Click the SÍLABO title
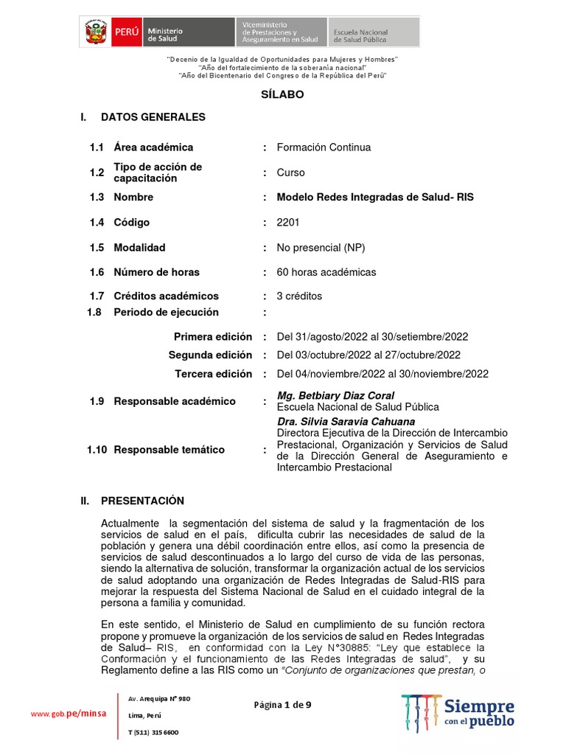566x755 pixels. click(x=282, y=94)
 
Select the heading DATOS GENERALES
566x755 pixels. click(x=153, y=117)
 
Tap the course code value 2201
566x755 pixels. click(x=288, y=222)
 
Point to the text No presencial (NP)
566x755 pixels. click(x=321, y=248)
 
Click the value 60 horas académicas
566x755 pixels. click(x=326, y=272)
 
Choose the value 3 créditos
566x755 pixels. click(x=299, y=296)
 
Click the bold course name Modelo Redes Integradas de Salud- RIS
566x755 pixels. click(x=375, y=198)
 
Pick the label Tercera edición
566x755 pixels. click(x=213, y=374)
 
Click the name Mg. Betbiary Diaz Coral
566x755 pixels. click(x=335, y=395)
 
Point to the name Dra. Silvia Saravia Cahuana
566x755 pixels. click(x=346, y=422)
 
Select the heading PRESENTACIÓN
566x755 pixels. click(x=142, y=501)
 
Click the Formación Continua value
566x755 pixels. click(x=324, y=147)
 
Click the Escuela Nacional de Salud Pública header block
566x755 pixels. click(x=374, y=32)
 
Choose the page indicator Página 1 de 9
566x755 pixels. click(x=282, y=705)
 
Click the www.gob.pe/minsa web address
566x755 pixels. click(x=68, y=713)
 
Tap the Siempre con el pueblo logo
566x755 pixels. click(x=458, y=712)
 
